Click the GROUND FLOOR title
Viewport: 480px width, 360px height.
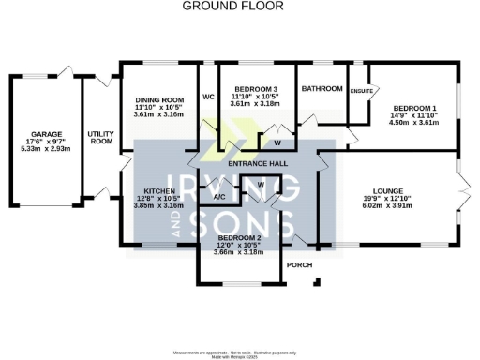pos(240,7)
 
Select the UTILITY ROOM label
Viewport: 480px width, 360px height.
pos(100,137)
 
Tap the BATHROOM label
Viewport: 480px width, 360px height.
pos(322,89)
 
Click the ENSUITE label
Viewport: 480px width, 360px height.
pos(361,91)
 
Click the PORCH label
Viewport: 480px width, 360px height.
pos(299,263)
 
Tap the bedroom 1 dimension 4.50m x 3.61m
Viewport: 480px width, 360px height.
pos(414,121)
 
